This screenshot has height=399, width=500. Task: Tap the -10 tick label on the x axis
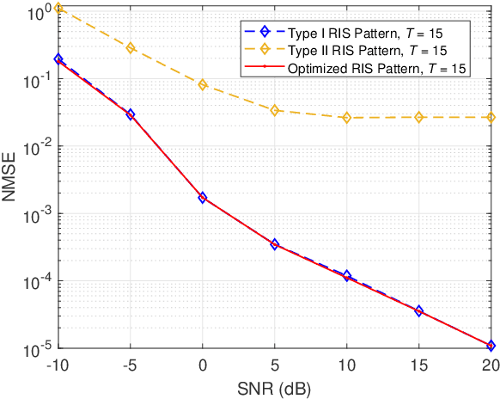pyautogui.click(x=58, y=365)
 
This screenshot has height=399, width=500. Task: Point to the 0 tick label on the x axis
pyautogui.click(x=203, y=365)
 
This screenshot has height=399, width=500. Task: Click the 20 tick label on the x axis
pyautogui.click(x=491, y=365)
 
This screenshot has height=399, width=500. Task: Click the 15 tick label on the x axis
pyautogui.click(x=419, y=365)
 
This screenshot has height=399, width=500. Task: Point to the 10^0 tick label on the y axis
pyautogui.click(x=38, y=13)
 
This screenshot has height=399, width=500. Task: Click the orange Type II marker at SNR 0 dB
pyautogui.click(x=203, y=84)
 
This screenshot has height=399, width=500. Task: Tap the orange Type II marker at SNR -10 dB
pyautogui.click(x=58, y=8)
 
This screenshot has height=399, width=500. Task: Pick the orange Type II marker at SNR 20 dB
pyautogui.click(x=491, y=117)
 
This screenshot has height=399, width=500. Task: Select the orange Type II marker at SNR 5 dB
pyautogui.click(x=275, y=110)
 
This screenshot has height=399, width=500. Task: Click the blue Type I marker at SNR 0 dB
pyautogui.click(x=203, y=198)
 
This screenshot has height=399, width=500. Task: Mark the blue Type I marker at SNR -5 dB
pyautogui.click(x=131, y=114)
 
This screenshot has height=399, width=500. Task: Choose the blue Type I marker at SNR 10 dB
pyautogui.click(x=347, y=276)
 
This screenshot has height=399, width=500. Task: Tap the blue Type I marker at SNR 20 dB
pyautogui.click(x=491, y=346)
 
